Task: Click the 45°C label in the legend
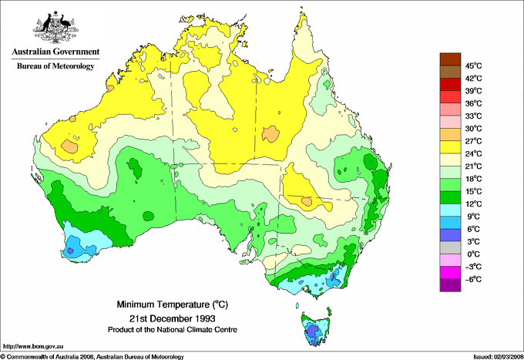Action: pos(472,65)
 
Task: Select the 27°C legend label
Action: pos(472,141)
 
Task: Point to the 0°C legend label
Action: pos(472,254)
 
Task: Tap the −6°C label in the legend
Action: pos(472,279)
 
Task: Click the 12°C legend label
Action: pos(472,204)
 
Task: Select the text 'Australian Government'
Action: pos(55,52)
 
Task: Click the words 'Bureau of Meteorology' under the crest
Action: pos(55,66)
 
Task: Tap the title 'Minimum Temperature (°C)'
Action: pos(166,305)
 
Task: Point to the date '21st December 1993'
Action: pos(166,318)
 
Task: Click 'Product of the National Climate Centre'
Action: pos(166,329)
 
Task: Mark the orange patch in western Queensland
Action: pos(270,135)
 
